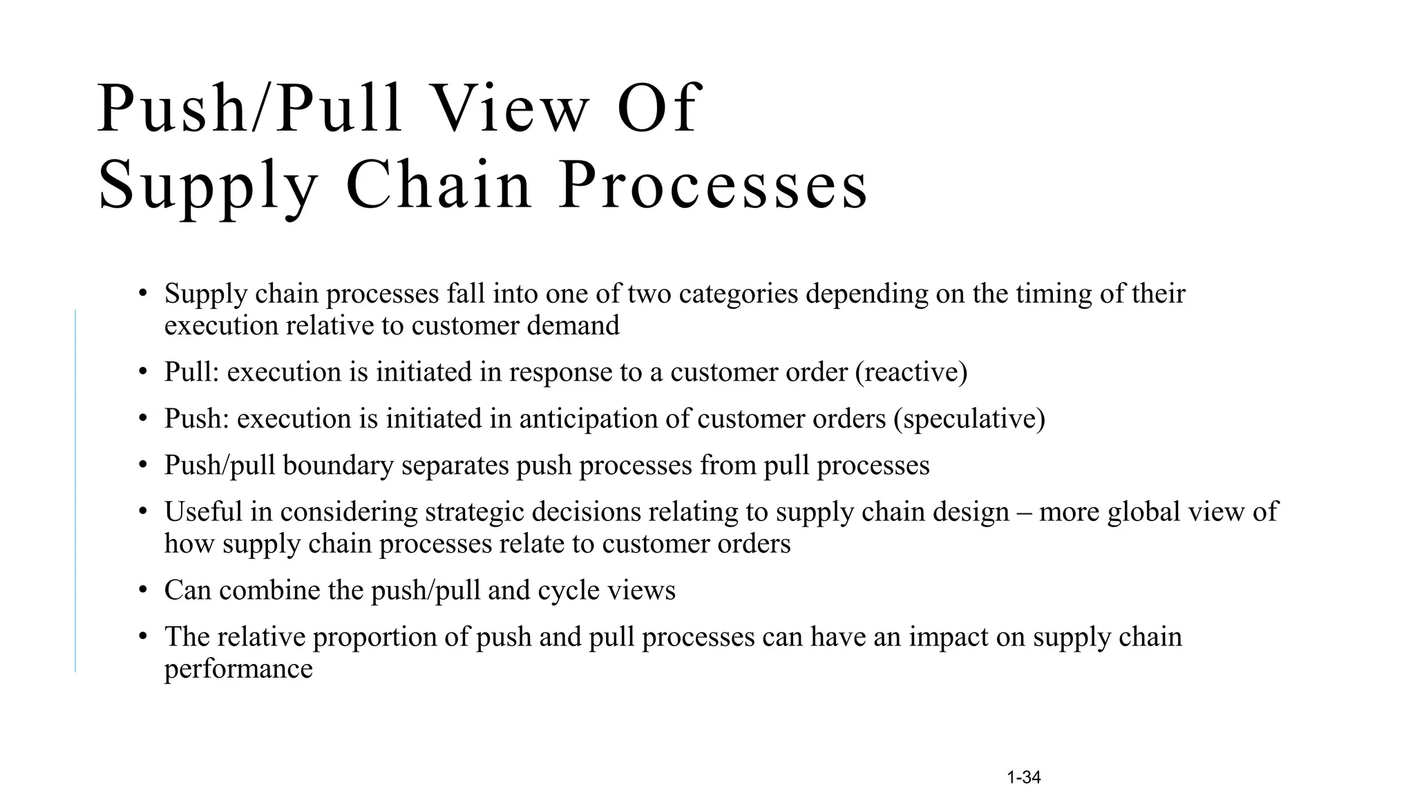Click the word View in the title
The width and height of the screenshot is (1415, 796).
coord(511,109)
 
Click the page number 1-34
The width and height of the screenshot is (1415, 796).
coord(1024,777)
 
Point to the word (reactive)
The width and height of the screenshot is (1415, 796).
coord(911,372)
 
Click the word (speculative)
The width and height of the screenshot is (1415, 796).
coord(969,419)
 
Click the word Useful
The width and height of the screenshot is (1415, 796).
coord(204,512)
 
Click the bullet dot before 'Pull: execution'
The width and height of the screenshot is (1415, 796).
coord(143,372)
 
